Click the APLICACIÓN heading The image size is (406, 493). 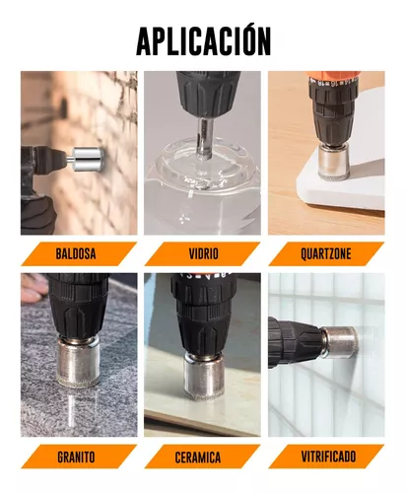[x=203, y=40]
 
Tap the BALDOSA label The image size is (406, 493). [x=76, y=254]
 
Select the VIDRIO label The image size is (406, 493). [x=203, y=254]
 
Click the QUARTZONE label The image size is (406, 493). [x=326, y=254]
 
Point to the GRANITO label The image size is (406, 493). [x=76, y=458]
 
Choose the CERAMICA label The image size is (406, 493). [x=198, y=458]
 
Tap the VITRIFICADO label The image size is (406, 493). [x=328, y=457]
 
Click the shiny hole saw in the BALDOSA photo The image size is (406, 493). [x=88, y=160]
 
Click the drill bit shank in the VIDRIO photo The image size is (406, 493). [x=204, y=138]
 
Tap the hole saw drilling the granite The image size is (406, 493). [x=78, y=361]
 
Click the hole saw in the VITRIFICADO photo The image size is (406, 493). [x=340, y=343]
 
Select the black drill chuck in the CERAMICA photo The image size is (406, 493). [x=204, y=314]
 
